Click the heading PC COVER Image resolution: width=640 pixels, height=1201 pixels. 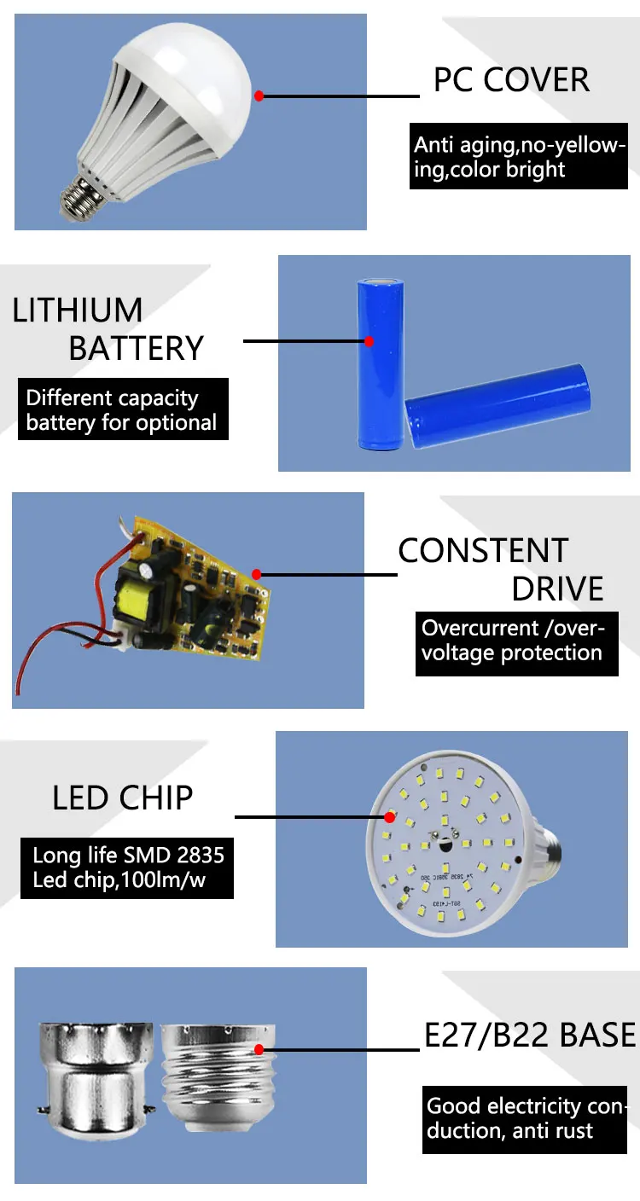click(511, 80)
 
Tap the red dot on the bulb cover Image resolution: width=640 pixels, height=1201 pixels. click(259, 96)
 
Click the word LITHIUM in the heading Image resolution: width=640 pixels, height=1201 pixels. click(78, 310)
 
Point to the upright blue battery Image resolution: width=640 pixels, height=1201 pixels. click(378, 363)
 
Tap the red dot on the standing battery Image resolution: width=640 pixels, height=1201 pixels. click(369, 341)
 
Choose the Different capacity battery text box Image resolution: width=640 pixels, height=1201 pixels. click(123, 409)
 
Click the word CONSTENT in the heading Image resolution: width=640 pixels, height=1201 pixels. click(483, 551)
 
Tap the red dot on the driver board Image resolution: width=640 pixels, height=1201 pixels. click(257, 574)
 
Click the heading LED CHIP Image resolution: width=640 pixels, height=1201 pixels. click(123, 798)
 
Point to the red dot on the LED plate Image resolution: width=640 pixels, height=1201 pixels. click(387, 816)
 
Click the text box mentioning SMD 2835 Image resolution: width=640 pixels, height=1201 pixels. click(127, 867)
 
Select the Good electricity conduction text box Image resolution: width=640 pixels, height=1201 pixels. click(524, 1119)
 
